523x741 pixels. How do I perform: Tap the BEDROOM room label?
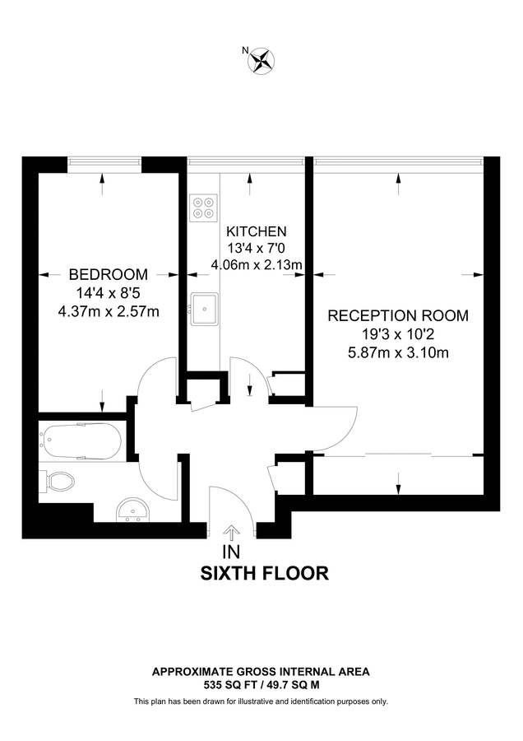point(108,274)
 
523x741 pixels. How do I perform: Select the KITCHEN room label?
point(257,231)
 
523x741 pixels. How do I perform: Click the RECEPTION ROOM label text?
point(398,315)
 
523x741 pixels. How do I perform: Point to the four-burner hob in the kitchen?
point(203,207)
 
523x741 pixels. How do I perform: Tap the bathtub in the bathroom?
point(81,442)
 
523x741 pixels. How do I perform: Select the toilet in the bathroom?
point(60,481)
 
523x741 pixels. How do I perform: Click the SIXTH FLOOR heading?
point(265,573)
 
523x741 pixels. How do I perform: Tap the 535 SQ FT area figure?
point(231,684)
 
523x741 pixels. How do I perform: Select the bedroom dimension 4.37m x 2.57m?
point(109,310)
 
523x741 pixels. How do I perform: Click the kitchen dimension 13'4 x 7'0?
point(257,248)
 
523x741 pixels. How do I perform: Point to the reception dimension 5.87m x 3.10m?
point(398,353)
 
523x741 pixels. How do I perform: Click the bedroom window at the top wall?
point(103,162)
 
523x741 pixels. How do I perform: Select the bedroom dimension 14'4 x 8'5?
point(108,292)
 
